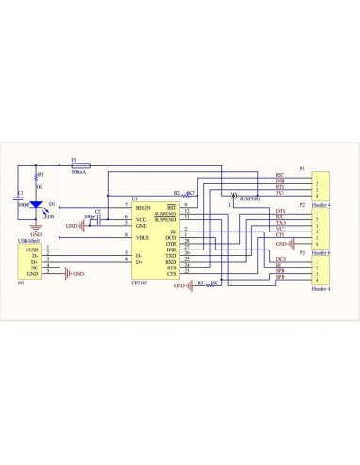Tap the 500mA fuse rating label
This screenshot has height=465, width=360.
[x=81, y=173]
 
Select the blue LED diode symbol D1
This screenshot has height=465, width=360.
[x=37, y=204]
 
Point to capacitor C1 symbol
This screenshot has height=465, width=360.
[x=20, y=198]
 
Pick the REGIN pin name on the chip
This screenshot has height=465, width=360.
[x=144, y=205]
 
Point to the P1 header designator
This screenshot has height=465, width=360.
[x=301, y=168]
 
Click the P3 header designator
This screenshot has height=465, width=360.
[x=301, y=253]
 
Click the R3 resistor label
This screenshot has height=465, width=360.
[x=199, y=281]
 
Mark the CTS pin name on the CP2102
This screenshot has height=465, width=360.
[x=171, y=273]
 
